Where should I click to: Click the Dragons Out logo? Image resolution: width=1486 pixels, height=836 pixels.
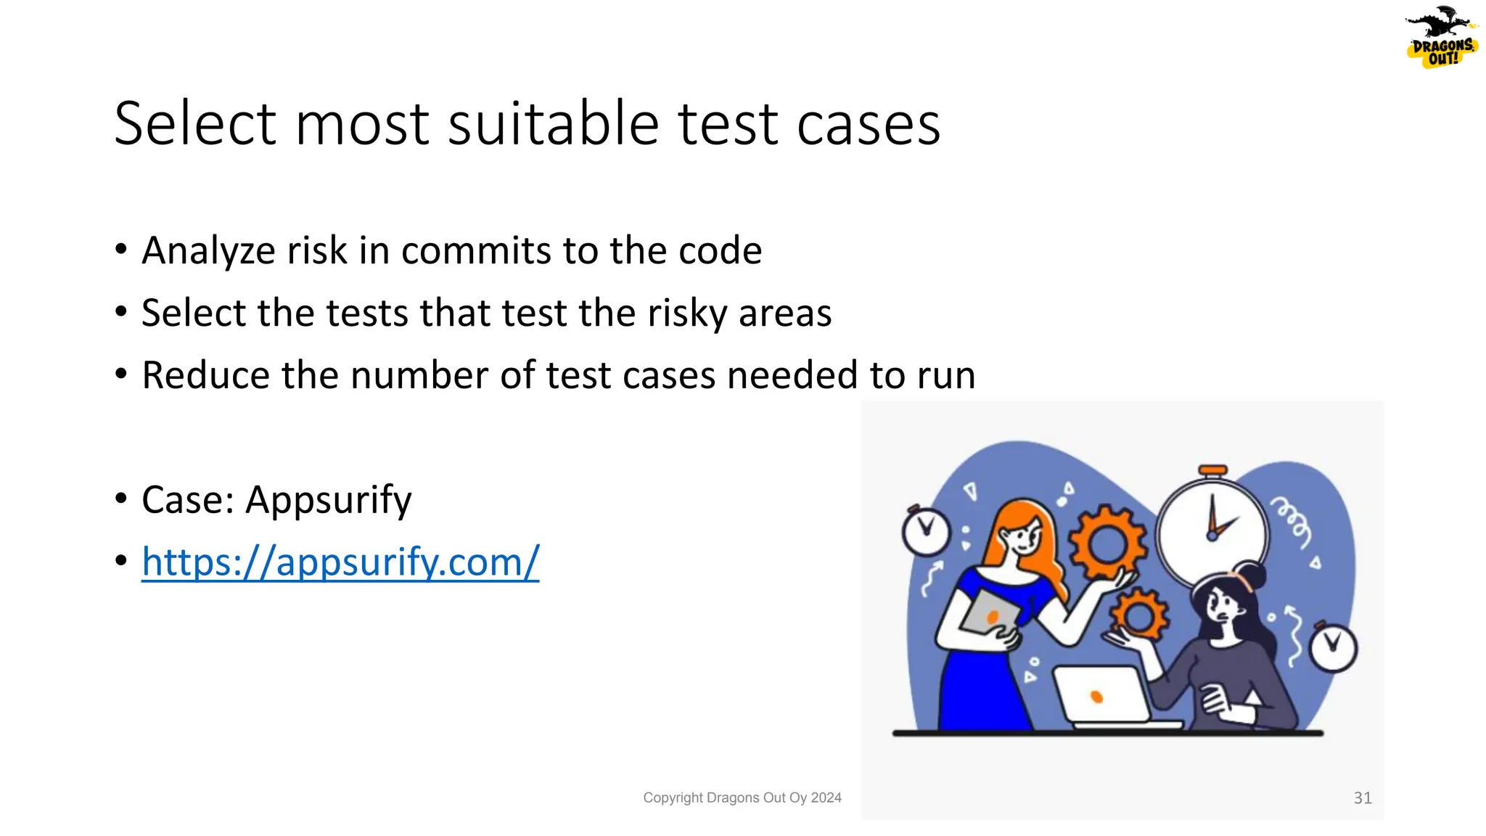tap(1441, 38)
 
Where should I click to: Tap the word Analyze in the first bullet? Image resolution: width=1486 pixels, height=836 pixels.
tap(208, 251)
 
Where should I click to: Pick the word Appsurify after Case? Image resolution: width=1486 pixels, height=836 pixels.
tap(329, 500)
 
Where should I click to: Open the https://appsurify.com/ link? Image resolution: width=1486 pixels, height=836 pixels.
tap(340, 562)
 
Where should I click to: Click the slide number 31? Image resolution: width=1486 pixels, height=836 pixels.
tap(1362, 798)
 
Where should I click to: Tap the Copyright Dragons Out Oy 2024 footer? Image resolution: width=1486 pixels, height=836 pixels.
tap(742, 798)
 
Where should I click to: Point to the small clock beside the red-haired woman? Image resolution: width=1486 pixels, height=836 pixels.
tap(926, 531)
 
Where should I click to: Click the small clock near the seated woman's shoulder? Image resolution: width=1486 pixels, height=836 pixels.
tap(1333, 647)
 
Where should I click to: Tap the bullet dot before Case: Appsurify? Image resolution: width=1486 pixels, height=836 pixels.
tap(121, 499)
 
